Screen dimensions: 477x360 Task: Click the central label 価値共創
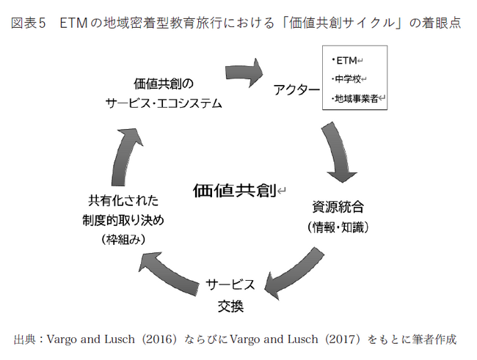point(235,191)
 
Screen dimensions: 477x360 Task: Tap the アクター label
point(296,90)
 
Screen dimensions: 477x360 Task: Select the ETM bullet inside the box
point(345,61)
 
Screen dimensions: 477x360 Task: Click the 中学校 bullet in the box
point(346,79)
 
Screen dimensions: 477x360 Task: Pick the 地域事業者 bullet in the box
point(355,98)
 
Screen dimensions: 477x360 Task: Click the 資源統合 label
point(338,207)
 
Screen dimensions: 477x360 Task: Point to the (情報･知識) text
point(338,227)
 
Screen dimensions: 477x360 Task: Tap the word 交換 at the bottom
point(230,306)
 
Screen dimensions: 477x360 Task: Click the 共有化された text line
point(123,201)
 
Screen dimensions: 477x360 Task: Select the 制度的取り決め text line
point(123,220)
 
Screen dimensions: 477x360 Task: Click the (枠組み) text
point(123,240)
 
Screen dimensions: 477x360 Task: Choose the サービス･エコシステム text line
point(164,103)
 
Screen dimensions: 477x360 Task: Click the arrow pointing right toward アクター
point(244,73)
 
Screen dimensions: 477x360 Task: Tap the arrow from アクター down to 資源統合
point(337,151)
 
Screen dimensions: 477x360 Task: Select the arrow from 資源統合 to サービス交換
point(294,273)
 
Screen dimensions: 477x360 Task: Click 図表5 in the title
point(29,23)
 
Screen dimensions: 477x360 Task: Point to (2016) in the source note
point(159,339)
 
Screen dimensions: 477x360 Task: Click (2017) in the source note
point(343,339)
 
